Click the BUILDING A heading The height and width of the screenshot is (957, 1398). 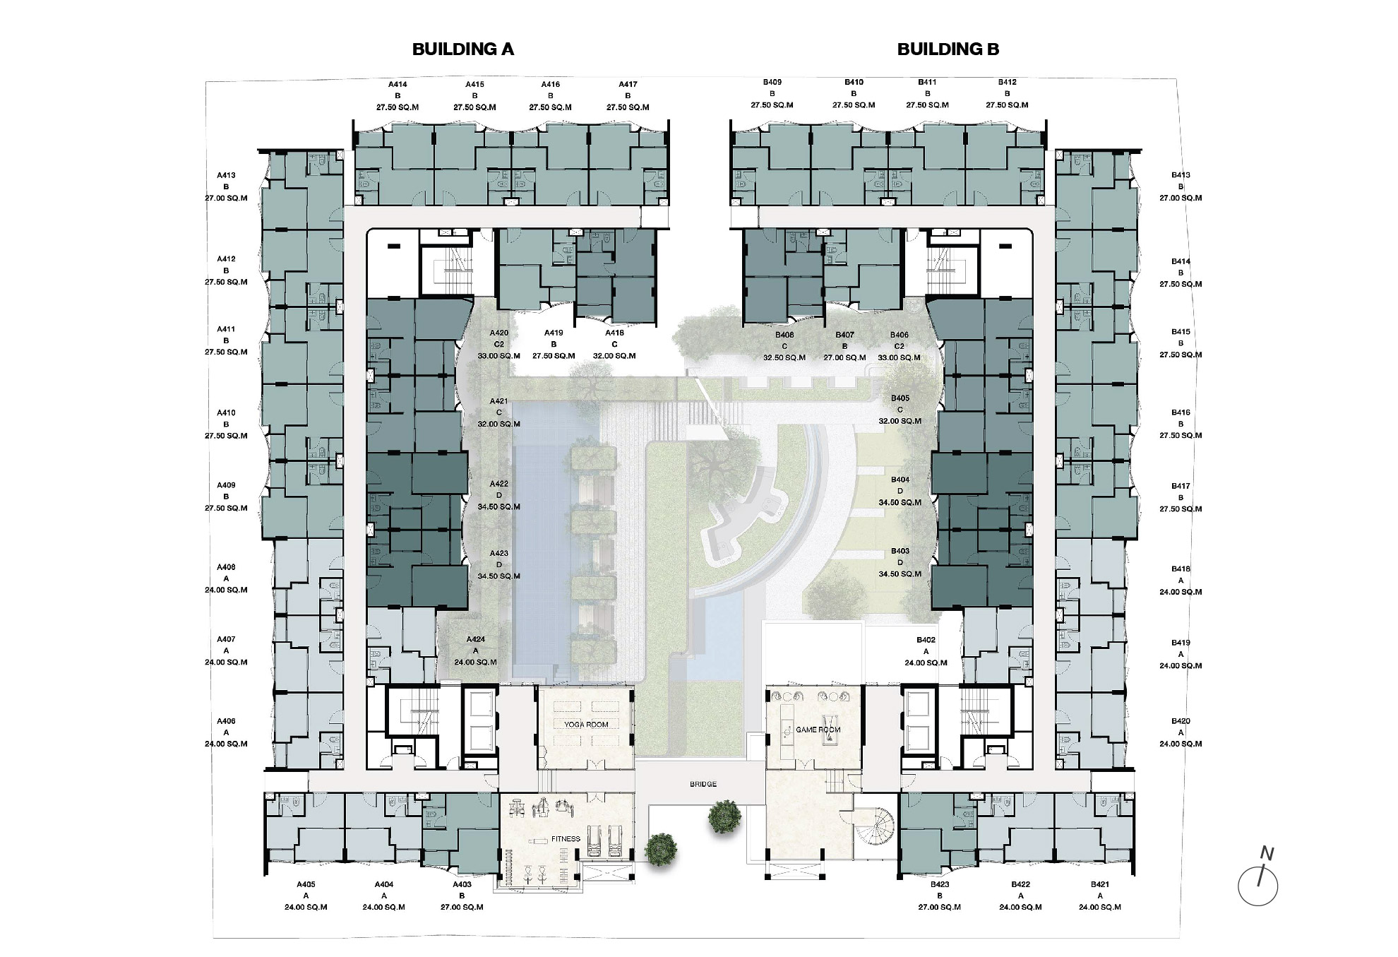462,49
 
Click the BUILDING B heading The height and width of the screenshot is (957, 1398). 948,49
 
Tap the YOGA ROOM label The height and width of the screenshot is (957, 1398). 586,725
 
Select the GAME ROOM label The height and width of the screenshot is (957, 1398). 818,730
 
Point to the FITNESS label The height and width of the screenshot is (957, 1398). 566,839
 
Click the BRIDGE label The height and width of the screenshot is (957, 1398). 703,784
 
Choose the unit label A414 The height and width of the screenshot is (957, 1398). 398,85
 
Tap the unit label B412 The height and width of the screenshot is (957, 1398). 1007,83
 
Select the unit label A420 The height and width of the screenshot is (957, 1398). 498,333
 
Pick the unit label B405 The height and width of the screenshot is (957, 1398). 900,398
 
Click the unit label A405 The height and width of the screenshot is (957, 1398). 306,884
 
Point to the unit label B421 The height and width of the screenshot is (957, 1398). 1100,884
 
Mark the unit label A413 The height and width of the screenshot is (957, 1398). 226,175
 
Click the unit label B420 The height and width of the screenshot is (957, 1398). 1181,721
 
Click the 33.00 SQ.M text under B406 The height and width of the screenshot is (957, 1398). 899,357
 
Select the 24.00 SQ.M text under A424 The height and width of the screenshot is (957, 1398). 475,662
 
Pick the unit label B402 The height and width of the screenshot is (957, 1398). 926,641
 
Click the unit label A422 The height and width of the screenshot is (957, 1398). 498,485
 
